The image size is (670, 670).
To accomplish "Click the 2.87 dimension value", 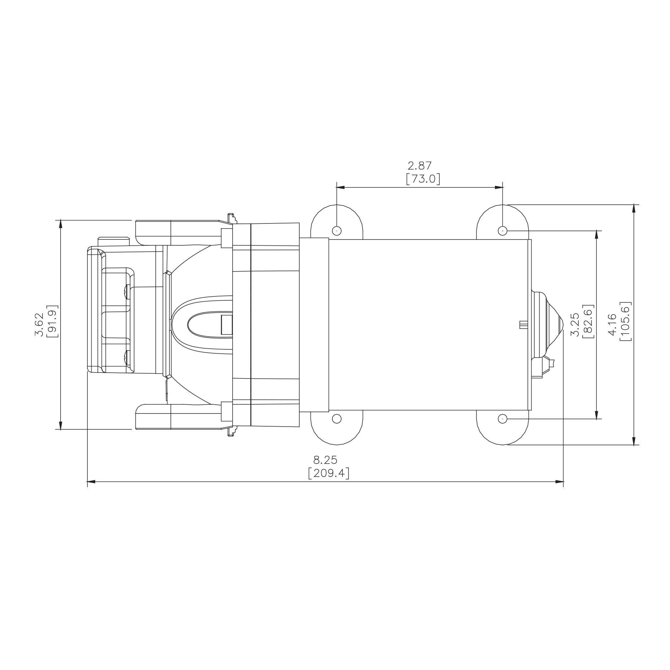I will point(420,166).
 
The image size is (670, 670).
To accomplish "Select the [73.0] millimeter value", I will point(423,179).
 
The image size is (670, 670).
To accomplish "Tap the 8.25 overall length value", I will point(325,460).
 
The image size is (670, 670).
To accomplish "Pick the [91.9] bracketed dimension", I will point(52,321).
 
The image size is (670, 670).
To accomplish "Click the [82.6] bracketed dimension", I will point(589,322).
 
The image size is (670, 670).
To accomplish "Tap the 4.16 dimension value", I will point(613,324).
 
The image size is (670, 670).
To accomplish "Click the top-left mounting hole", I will point(337,230).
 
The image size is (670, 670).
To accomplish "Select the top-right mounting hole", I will point(502,230).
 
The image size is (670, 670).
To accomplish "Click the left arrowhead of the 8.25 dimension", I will point(91,482).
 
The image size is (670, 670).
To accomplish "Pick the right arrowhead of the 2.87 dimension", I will point(499,187).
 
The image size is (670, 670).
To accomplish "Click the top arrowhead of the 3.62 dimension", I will point(61,224).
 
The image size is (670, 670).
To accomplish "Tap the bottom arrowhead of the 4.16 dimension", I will point(634,440).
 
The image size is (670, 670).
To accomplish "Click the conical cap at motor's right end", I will point(551,325).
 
